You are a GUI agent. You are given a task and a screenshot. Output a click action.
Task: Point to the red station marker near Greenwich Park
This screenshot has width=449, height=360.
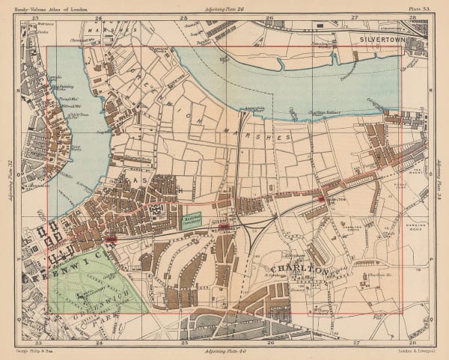pyautogui.click(x=112, y=240)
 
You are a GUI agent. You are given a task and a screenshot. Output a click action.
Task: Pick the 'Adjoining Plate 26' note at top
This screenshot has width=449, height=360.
pyautogui.click(x=224, y=6)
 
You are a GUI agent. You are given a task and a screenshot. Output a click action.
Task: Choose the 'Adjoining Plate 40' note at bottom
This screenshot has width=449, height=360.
pyautogui.click(x=224, y=350)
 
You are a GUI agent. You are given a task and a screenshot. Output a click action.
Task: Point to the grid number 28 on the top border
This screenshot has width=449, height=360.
pyautogui.click(x=424, y=15)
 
